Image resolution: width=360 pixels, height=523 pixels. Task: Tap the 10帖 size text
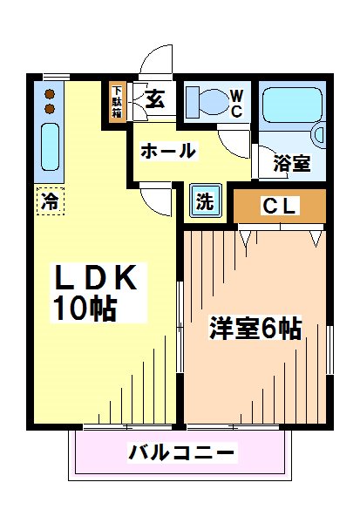(85, 309)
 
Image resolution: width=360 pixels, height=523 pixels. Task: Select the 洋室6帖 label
(255, 329)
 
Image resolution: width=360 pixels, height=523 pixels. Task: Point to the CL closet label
(279, 207)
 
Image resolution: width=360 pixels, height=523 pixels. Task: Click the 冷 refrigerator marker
(50, 201)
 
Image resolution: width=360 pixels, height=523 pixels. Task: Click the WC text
(235, 104)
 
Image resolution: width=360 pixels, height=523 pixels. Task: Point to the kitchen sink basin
(50, 149)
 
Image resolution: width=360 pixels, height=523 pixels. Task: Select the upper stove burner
(50, 93)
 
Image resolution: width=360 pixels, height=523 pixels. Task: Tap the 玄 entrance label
(155, 100)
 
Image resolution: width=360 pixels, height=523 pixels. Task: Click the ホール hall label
(167, 151)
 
